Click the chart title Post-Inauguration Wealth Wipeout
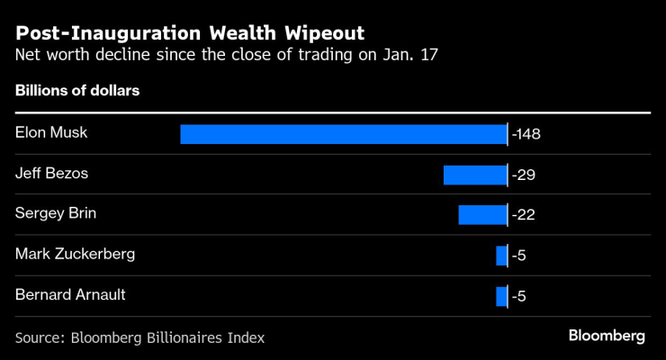click(190, 34)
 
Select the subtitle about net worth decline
click(228, 56)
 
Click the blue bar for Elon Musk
click(343, 134)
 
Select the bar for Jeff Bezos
click(474, 175)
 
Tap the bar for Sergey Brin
click(482, 214)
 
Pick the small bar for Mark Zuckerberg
click(501, 256)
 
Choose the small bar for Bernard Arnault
click(501, 296)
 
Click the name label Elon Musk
click(50, 133)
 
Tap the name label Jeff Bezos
click(51, 174)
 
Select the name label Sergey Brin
click(55, 214)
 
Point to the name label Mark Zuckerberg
click(75, 255)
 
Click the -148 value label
click(526, 134)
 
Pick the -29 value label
click(523, 175)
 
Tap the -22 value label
click(523, 215)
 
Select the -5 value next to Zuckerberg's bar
click(518, 256)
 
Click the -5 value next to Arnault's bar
click(518, 296)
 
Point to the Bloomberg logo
click(607, 336)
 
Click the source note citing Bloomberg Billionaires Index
click(139, 337)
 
